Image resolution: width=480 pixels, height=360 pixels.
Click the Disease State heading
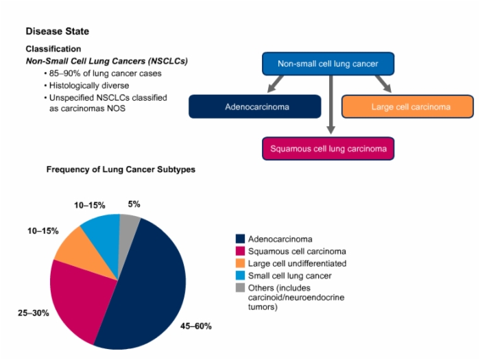click(x=57, y=32)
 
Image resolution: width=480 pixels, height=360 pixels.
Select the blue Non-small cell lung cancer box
click(x=328, y=64)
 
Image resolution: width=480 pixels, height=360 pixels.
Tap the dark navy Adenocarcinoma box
click(x=255, y=106)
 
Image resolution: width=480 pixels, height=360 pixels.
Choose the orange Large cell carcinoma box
click(x=408, y=106)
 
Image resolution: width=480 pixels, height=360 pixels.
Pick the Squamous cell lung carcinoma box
click(x=328, y=149)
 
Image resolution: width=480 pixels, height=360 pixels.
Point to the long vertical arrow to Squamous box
click(x=331, y=105)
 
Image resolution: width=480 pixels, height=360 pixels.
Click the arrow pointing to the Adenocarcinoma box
click(x=276, y=84)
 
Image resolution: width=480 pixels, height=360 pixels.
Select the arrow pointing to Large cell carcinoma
click(x=383, y=84)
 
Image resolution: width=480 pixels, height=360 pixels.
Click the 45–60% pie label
click(x=196, y=326)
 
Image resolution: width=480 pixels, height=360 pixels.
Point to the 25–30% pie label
click(x=34, y=313)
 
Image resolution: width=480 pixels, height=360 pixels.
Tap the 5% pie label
click(x=134, y=204)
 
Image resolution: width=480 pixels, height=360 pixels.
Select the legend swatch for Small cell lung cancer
click(x=240, y=276)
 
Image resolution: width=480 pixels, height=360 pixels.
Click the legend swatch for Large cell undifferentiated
click(x=240, y=263)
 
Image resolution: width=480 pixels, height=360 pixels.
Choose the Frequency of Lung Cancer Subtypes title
click(x=121, y=169)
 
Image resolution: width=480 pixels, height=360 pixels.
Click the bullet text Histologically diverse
click(x=89, y=86)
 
